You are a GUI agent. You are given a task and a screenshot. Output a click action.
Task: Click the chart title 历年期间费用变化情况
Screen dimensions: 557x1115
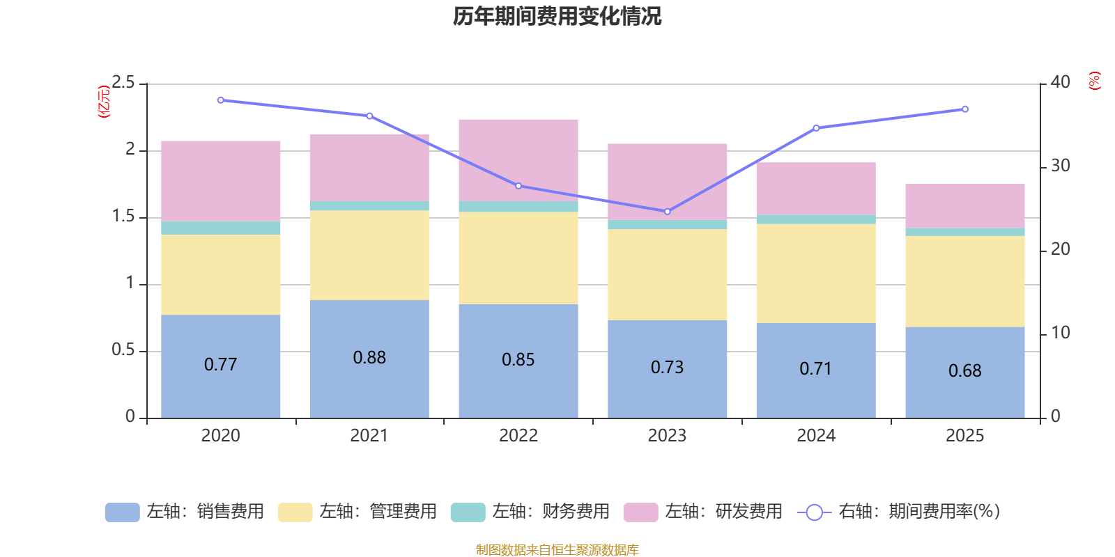(x=557, y=16)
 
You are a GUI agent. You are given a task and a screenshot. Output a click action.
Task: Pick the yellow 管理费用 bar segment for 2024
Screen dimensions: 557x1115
(x=816, y=273)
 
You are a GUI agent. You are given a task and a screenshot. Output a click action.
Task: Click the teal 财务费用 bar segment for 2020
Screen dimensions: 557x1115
(x=221, y=228)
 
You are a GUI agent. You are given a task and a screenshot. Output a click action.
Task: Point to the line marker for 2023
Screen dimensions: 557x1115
(x=668, y=212)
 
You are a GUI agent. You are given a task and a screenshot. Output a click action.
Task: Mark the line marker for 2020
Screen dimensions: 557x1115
(x=221, y=100)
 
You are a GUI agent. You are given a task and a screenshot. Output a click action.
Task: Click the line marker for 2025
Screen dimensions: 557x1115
(x=965, y=109)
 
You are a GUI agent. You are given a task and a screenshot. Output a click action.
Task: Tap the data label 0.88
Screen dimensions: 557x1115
(x=369, y=358)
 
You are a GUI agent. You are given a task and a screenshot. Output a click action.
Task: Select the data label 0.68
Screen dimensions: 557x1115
(x=965, y=371)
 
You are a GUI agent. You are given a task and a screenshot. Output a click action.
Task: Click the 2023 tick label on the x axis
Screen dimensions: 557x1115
(x=668, y=436)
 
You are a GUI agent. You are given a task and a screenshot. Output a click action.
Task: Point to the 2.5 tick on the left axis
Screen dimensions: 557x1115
(x=123, y=84)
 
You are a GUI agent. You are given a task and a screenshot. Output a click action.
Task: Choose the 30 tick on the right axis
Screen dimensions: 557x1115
(x=1061, y=166)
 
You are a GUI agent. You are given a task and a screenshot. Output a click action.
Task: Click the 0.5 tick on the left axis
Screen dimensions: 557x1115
(x=123, y=350)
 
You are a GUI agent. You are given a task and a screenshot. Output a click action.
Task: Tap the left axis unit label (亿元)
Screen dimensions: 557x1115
(x=104, y=102)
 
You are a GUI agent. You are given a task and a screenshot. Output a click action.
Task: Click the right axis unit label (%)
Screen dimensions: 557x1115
(x=1094, y=81)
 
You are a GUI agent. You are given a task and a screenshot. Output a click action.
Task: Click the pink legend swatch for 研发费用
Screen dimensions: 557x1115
(x=640, y=512)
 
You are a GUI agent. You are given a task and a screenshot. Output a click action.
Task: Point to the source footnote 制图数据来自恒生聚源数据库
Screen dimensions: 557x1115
(x=557, y=550)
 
